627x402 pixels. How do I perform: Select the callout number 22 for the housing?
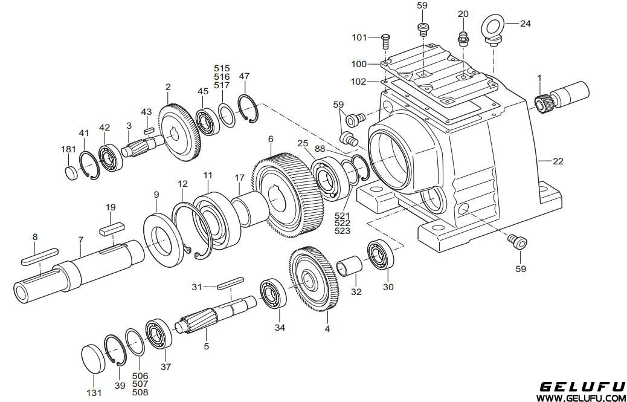point(558,161)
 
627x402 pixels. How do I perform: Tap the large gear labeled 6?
point(286,193)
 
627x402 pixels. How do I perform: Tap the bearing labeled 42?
point(111,158)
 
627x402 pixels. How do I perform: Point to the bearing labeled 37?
point(158,334)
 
